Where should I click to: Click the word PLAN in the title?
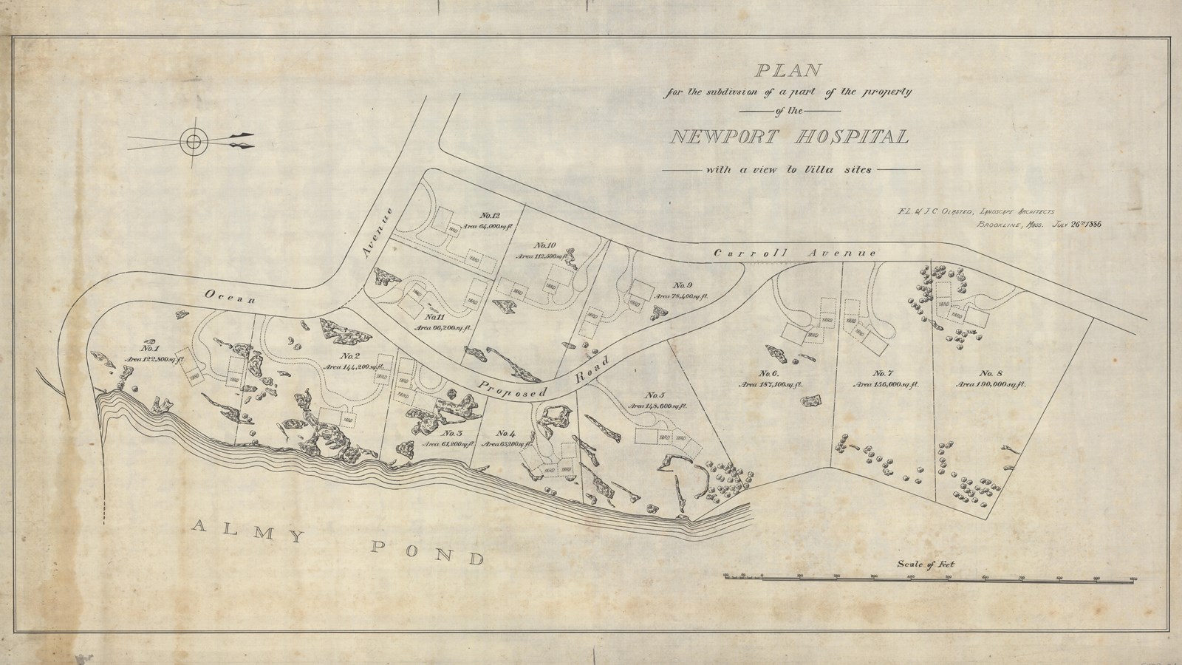[x=788, y=72]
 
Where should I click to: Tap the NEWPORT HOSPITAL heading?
[x=790, y=137]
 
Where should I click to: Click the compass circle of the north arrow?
[x=193, y=140]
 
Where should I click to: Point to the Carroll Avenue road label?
[x=795, y=253]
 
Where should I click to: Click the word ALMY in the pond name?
[x=245, y=530]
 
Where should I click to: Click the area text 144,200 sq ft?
[x=356, y=366]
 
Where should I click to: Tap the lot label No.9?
[x=682, y=285]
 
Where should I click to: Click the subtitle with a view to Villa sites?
[x=788, y=169]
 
